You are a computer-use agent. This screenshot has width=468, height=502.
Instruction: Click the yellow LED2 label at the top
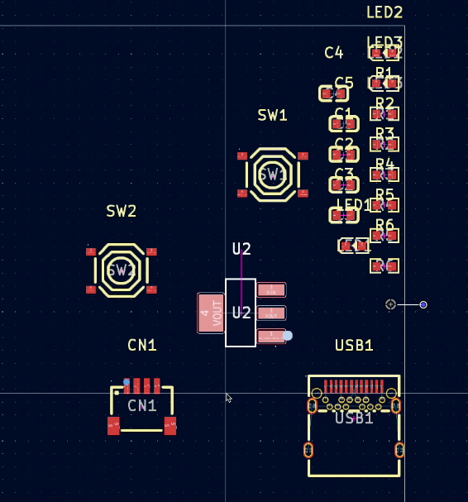click(384, 12)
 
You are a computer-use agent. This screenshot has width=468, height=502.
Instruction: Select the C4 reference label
click(333, 53)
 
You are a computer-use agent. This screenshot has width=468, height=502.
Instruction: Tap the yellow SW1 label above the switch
click(272, 116)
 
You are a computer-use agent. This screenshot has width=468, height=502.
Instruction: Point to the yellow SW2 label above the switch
click(122, 211)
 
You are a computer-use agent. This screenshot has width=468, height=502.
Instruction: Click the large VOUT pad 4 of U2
click(211, 313)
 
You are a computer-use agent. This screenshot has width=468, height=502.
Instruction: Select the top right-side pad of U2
click(271, 289)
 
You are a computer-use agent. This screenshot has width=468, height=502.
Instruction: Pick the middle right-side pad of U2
click(271, 313)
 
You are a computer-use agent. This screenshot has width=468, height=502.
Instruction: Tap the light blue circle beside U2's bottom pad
click(287, 336)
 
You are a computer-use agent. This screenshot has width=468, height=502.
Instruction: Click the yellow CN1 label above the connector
click(142, 345)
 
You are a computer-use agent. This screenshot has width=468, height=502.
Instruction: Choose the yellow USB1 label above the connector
click(354, 346)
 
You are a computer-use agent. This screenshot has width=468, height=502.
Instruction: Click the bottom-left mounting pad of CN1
click(113, 426)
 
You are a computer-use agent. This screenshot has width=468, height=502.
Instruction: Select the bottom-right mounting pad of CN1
click(170, 426)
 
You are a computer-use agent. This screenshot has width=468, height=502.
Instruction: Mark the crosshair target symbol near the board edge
click(390, 304)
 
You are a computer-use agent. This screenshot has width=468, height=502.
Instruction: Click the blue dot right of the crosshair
click(423, 305)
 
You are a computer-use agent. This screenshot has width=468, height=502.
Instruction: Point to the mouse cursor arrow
click(228, 397)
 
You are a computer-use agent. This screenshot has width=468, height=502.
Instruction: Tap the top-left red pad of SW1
click(242, 155)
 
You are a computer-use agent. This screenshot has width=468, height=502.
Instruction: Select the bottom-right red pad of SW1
click(303, 194)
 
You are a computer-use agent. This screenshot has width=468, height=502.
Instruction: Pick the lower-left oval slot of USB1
click(308, 450)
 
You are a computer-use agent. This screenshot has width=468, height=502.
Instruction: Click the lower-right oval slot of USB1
click(399, 450)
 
